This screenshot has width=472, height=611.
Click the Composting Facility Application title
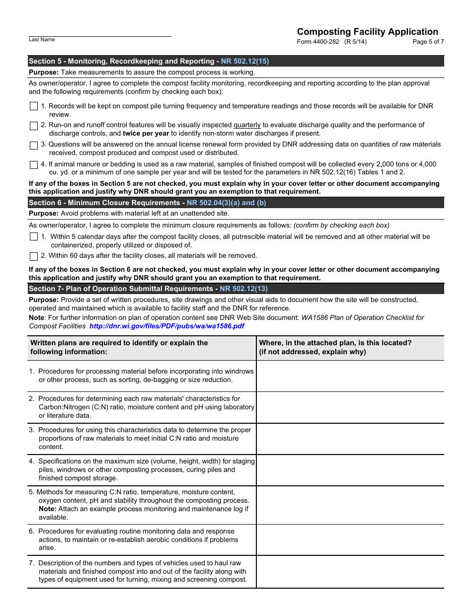pos(367,32)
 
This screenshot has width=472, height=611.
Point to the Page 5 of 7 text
pos(428,42)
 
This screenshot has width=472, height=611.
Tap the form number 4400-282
pos(318,42)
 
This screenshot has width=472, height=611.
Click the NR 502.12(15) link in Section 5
pos(245,61)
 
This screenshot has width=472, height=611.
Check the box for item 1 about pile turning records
pos(34,106)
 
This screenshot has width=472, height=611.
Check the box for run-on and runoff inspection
pos(34,126)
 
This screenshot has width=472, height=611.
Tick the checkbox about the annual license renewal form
pos(34,145)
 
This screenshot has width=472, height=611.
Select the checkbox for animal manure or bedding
pos(34,164)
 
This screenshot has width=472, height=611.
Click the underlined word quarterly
pos(247,125)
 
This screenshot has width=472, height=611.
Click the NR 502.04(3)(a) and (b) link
pos(226,203)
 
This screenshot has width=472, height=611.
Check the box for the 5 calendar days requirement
pos(34,237)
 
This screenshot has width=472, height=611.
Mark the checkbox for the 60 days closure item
pos(34,256)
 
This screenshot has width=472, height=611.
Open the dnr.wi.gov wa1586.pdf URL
pos(166,326)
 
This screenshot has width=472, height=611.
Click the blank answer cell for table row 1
pos(350,376)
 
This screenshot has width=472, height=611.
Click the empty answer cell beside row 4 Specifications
pos(350,470)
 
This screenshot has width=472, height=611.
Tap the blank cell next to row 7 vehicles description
pos(350,572)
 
